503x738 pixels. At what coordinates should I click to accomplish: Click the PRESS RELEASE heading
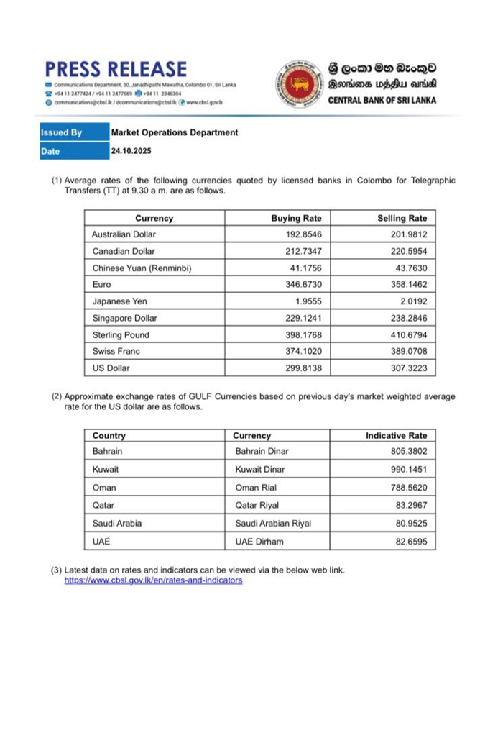[115, 69]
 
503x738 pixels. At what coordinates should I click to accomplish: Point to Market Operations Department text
[175, 132]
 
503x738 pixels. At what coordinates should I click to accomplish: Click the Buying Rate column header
[296, 218]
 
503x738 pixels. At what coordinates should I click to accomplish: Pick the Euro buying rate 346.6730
[301, 285]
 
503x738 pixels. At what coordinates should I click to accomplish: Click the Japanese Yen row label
[119, 301]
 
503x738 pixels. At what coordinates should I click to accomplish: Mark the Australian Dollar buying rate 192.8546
[301, 234]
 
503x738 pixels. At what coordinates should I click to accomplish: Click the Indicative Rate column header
[396, 435]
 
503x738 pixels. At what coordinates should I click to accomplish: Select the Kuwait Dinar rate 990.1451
[406, 469]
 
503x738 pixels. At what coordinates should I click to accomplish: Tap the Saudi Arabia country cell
[117, 523]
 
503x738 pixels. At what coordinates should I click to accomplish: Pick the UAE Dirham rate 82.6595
[409, 541]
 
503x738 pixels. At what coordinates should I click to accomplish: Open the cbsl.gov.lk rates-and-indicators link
[153, 580]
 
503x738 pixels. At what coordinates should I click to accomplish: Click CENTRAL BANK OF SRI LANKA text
[382, 101]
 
